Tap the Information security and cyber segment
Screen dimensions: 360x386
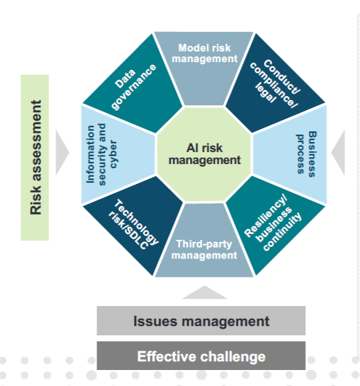[117, 155]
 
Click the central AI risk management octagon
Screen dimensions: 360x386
[204, 154]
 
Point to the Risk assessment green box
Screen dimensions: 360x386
[35, 157]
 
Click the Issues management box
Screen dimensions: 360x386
[201, 321]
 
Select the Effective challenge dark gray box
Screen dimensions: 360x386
[201, 356]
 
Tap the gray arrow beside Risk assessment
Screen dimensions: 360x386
[61, 153]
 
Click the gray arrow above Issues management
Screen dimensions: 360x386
[205, 293]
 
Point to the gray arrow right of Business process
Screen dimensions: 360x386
[339, 153]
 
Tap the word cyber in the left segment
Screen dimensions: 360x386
[113, 154]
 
